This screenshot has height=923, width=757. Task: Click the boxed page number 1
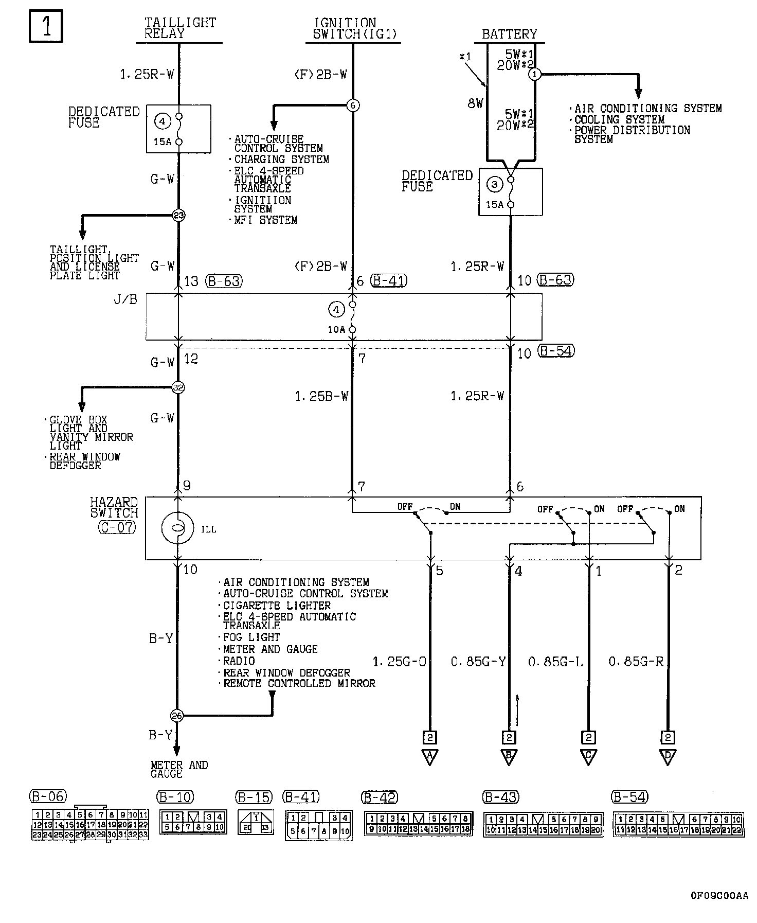46,26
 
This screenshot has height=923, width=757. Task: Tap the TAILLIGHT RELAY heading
180,29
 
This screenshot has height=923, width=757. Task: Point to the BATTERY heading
509,34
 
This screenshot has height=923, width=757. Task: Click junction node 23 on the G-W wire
178,216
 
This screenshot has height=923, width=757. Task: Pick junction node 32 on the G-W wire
178,387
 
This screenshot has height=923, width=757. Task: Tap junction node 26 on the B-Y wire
176,716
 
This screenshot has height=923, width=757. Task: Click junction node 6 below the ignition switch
353,105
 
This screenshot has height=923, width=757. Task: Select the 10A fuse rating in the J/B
336,329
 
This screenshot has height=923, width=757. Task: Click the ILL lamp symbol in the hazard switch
177,528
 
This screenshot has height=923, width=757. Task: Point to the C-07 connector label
117,527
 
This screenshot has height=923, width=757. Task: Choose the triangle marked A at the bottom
429,757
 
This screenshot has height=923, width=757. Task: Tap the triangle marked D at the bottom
668,757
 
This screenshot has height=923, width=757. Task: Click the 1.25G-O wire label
399,662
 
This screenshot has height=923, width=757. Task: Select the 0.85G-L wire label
555,662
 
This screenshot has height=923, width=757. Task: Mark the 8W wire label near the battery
476,103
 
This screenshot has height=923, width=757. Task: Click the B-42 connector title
380,797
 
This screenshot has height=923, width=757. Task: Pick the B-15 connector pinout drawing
256,822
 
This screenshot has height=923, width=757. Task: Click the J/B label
125,299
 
